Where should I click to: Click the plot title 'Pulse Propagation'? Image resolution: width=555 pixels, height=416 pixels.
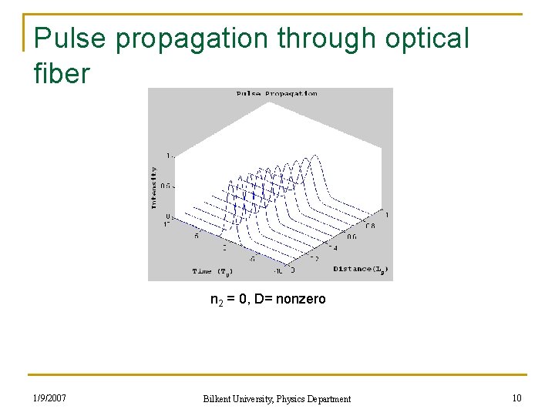coord(277,94)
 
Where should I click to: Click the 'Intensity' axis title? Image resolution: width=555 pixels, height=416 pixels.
coord(154,187)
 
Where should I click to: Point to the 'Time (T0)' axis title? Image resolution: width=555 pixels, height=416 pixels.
coord(212,271)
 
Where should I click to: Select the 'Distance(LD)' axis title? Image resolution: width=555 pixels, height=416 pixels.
coord(361,269)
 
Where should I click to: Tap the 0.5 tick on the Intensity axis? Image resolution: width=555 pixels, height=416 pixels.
coord(166,186)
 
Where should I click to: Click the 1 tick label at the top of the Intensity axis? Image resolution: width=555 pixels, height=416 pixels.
coord(169,156)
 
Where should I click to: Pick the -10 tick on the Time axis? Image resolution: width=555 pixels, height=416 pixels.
coord(278,270)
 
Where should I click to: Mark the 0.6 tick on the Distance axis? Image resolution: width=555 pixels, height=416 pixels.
coord(352,237)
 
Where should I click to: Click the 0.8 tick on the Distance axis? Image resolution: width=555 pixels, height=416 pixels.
coord(371,226)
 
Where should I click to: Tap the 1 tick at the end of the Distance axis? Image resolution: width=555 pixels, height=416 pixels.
coord(386,214)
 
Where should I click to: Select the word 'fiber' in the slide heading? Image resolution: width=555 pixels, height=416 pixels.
coord(62,74)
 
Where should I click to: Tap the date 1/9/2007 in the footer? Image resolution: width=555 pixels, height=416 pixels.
coord(49,398)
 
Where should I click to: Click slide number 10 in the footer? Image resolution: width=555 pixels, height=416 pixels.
coord(516,398)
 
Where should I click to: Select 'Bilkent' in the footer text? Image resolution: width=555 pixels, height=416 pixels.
coord(220,398)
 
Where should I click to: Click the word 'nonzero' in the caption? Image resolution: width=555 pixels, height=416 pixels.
coord(304,299)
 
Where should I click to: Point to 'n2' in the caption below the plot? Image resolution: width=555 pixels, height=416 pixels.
coord(217,300)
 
